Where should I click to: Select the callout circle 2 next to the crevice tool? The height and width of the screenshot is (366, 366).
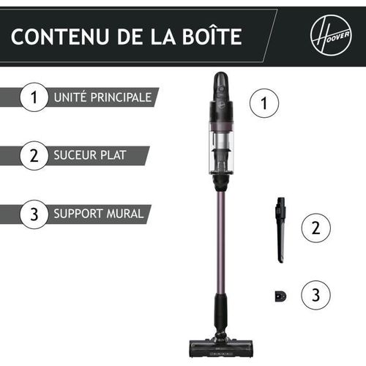coord(315,228)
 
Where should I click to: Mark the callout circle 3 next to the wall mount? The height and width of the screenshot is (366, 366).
coord(315,296)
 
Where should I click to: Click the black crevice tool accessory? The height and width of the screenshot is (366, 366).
coord(280,228)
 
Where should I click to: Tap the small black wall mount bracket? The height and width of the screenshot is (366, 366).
coord(281,296)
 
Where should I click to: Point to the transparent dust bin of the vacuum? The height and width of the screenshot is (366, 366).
coord(221,146)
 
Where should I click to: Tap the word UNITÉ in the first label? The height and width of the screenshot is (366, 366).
coord(70,97)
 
